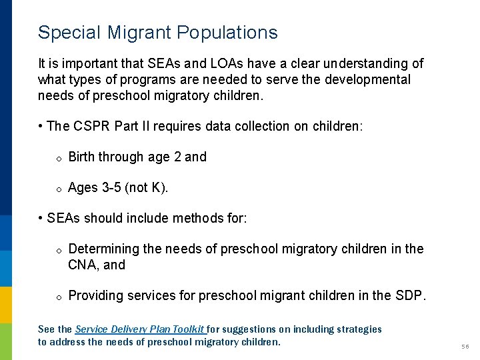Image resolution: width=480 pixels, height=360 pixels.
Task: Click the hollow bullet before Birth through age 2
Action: pos(59,158)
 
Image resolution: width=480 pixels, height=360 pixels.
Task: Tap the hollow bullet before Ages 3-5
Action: pos(59,189)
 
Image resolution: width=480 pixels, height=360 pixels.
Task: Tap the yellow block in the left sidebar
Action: pos(6,304)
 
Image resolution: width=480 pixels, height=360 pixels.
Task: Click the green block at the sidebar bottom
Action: pos(6,341)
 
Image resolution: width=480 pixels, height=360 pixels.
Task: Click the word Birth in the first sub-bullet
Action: pos(81,157)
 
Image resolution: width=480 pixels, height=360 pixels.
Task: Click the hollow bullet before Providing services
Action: pos(59,297)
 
